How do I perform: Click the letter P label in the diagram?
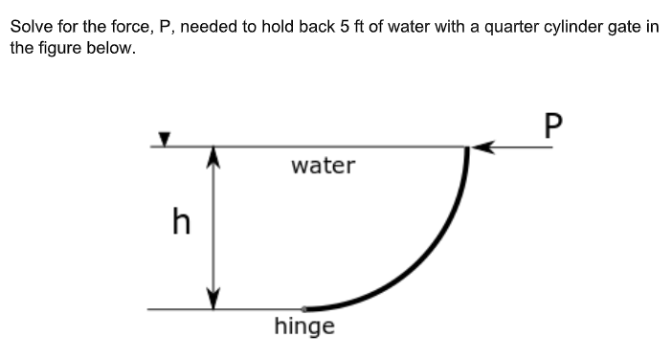(552, 125)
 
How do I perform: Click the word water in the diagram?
(323, 166)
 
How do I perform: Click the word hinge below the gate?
(304, 327)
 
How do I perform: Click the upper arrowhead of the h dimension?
(213, 155)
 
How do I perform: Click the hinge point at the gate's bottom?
(304, 309)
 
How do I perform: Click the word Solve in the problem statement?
(32, 26)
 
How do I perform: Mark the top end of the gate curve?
(467, 150)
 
